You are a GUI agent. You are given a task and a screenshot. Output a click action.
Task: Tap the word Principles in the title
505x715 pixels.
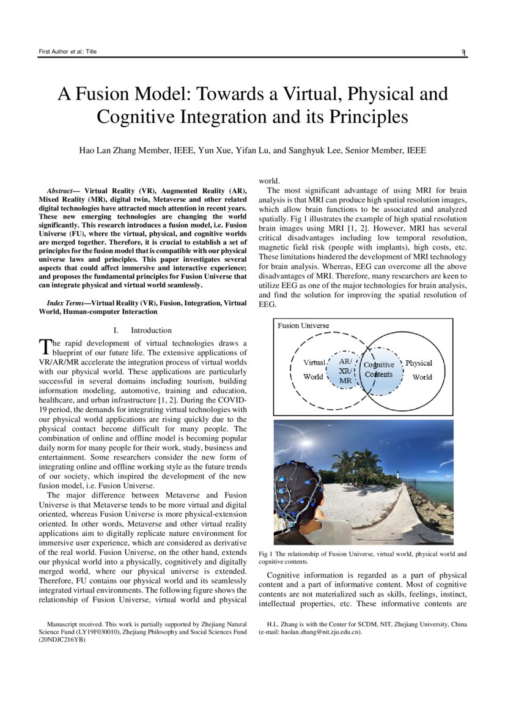369,116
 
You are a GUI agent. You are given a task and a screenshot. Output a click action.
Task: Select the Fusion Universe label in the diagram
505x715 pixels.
303,325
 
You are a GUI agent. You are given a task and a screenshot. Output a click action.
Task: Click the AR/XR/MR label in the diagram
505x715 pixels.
345,371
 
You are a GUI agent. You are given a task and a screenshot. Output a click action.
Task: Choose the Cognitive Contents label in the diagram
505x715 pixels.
379,369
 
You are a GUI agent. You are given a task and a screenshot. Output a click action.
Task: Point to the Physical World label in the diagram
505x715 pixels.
419,369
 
